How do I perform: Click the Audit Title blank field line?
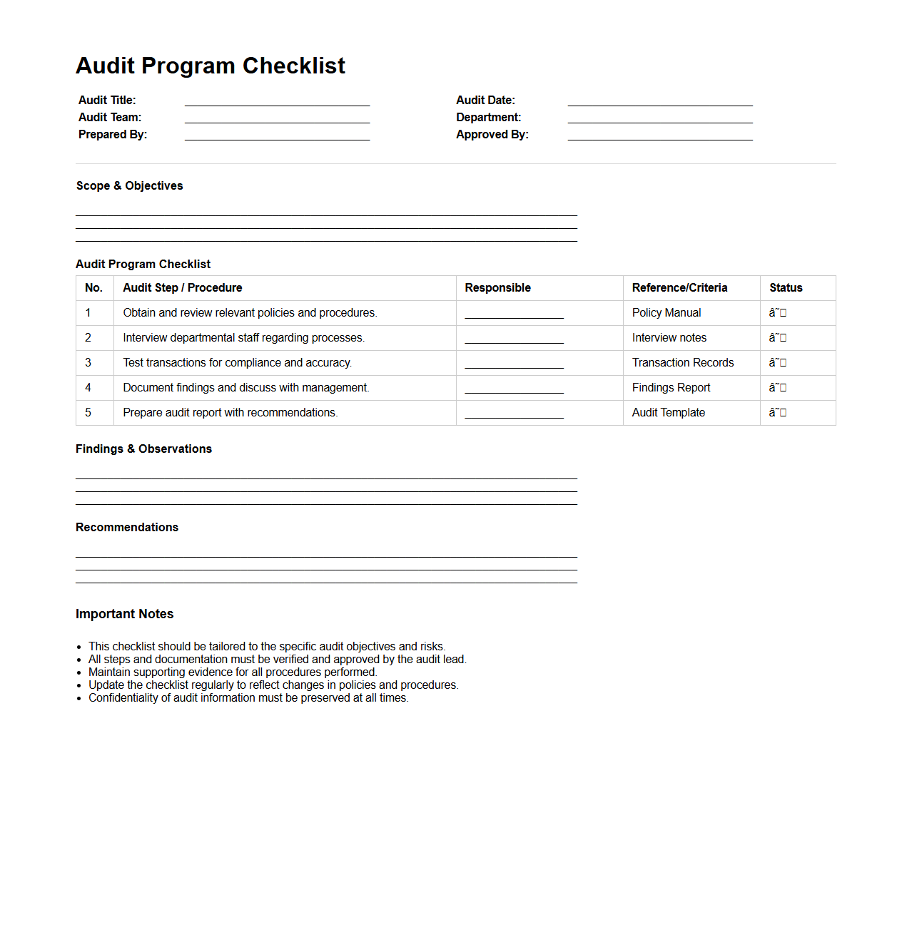[x=277, y=104]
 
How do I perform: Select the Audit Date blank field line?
[x=660, y=104]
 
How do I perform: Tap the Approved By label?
[x=492, y=135]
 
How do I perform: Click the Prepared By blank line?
[x=277, y=138]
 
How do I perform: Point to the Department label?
[x=489, y=118]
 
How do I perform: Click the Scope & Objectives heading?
[x=130, y=186]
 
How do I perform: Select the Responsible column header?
[x=498, y=288]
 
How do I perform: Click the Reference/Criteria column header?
[x=679, y=288]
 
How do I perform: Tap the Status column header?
[x=786, y=288]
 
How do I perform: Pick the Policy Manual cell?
[x=667, y=313]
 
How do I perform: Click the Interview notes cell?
[x=669, y=338]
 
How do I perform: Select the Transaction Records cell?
[x=683, y=363]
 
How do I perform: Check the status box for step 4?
[x=782, y=388]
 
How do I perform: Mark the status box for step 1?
[x=782, y=313]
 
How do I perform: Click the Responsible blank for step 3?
[x=514, y=366]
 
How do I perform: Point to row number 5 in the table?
[x=88, y=413]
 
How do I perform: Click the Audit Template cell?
[x=669, y=413]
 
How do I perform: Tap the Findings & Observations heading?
[x=144, y=449]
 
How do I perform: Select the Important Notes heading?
[x=125, y=614]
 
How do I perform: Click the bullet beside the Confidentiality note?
[x=79, y=699]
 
